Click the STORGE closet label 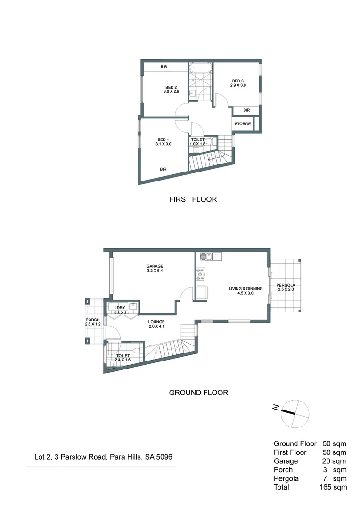(242, 124)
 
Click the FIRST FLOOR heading (193, 199)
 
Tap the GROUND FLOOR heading (198, 392)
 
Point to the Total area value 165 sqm (333, 487)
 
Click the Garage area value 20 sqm (335, 461)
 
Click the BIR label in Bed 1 (163, 169)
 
